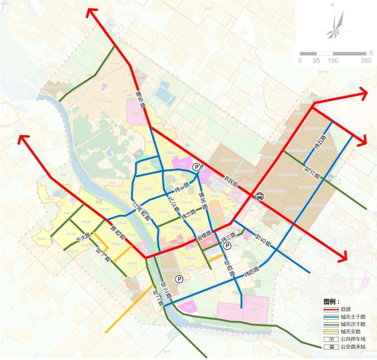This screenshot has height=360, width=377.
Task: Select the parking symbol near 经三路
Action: [x=179, y=278]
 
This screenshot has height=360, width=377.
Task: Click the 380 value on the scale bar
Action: [x=366, y=61]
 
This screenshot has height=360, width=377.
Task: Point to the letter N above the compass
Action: [x=332, y=5]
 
